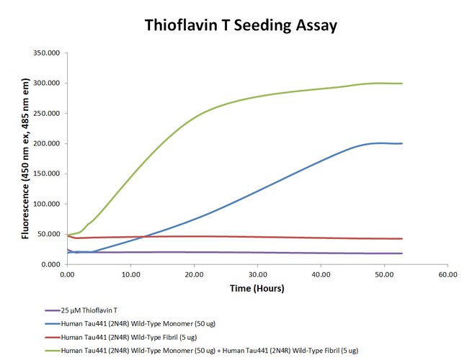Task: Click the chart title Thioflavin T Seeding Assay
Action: tap(241, 26)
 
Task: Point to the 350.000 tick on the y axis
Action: tap(46, 53)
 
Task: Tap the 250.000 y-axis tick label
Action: tap(46, 113)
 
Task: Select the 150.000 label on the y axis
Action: tap(46, 174)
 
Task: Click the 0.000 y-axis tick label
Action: tap(50, 264)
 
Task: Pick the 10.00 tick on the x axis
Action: tap(130, 274)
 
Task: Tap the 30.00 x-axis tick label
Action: tap(257, 274)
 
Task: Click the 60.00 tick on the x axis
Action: tap(448, 274)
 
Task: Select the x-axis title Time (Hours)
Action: tap(257, 288)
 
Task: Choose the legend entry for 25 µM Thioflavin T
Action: tap(89, 310)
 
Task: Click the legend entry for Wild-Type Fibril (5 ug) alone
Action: tap(129, 338)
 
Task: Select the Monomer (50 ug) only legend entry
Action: tap(138, 324)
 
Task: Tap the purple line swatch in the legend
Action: tap(53, 310)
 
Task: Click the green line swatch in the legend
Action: tap(53, 351)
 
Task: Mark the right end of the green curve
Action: tap(402, 84)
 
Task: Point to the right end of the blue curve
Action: tap(402, 143)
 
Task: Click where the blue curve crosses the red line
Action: tap(144, 237)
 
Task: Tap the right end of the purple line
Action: tap(402, 253)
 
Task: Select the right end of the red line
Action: tap(402, 238)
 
